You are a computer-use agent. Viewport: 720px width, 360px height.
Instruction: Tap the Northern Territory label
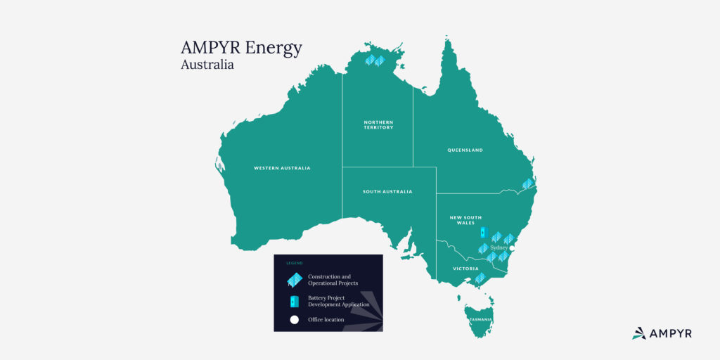coord(378,124)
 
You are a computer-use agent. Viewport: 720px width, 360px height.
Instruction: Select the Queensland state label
coord(465,150)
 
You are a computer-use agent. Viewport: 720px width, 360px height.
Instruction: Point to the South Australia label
coord(387,191)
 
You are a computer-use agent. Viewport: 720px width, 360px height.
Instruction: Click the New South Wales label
coord(465,220)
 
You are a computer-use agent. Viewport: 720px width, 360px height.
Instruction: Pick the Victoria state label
coord(465,269)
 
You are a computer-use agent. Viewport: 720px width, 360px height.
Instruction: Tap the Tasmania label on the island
coord(482,320)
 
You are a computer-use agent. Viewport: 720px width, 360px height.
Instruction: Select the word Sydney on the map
coord(499,247)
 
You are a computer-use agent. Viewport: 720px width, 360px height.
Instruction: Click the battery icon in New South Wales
coord(483,231)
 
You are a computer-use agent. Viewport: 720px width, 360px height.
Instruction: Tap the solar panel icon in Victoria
coord(480,278)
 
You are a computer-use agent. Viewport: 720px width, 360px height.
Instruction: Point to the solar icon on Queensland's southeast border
coord(528,184)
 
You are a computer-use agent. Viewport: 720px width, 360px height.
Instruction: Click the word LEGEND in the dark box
coord(295,263)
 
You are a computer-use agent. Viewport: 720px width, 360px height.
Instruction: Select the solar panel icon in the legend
coord(294,280)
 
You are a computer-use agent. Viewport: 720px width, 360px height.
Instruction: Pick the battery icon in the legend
coord(295,302)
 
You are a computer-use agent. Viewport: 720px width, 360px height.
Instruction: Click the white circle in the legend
coord(295,320)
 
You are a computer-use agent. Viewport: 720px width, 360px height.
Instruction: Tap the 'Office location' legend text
coord(326,320)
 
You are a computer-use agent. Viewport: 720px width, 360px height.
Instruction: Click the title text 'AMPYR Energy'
coord(241,48)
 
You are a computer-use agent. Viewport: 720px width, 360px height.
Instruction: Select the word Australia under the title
coord(207,65)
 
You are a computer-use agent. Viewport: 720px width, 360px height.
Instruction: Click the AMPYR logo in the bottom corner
coord(662,333)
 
